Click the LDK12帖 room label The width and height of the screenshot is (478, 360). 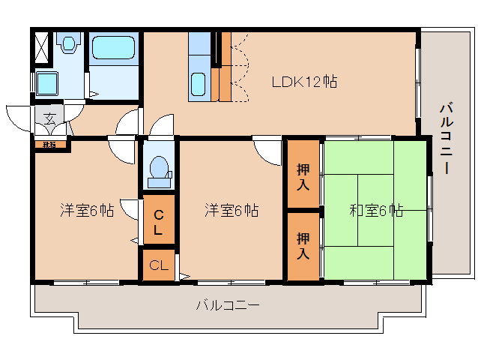coord(303,82)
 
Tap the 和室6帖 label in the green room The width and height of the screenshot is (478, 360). coord(376,211)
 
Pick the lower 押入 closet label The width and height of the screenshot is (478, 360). coord(303,246)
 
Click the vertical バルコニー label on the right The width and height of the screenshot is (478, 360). coord(445,139)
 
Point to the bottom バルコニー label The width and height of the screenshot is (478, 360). coord(228,305)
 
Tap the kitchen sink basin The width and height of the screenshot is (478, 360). coord(199,84)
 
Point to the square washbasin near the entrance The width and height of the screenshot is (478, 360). coord(47,82)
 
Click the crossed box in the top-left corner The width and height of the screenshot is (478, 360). coord(40,46)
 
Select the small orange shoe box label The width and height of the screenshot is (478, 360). coord(50,144)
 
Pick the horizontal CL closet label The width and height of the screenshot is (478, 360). coord(158,265)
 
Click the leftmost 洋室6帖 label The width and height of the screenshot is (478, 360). coord(87,211)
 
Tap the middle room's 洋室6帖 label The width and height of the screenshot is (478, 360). coord(232,211)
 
